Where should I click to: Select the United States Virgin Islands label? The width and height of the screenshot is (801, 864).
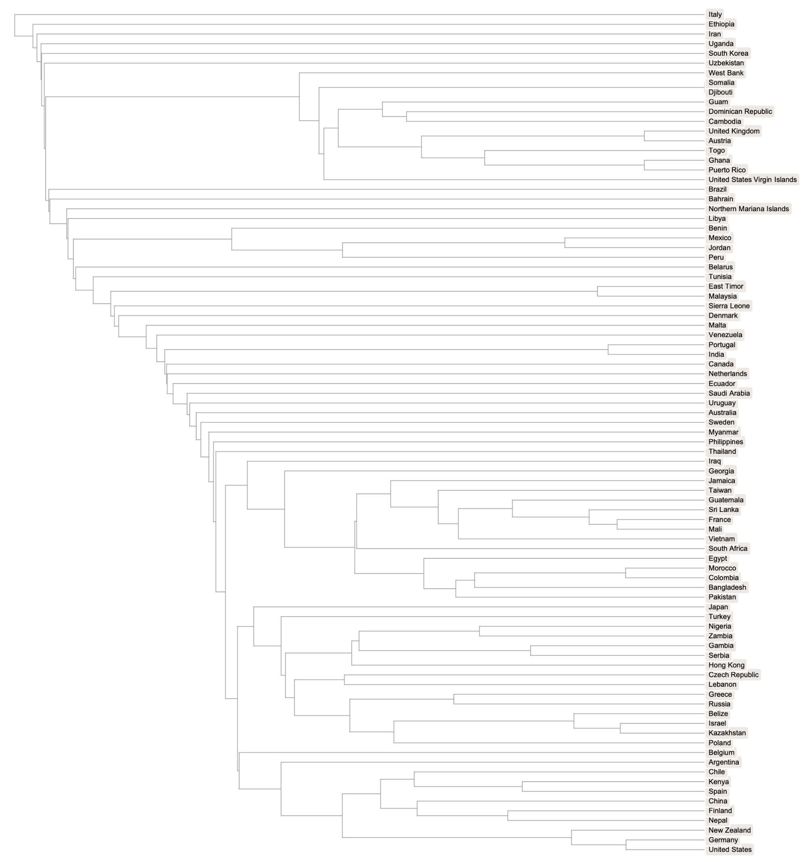752,180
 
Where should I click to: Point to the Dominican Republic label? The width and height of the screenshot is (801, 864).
740,111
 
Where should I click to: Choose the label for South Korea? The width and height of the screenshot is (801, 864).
728,53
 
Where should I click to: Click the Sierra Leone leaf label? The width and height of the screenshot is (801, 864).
729,306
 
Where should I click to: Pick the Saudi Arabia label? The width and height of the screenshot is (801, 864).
729,393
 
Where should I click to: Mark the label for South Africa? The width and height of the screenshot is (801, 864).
728,548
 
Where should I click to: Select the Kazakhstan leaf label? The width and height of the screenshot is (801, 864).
727,733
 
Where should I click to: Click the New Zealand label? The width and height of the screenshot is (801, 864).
729,830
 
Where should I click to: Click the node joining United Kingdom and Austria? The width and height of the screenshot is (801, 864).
644,136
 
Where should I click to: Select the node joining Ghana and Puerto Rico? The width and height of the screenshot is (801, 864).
644,165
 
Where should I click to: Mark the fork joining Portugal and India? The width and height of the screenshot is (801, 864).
608,349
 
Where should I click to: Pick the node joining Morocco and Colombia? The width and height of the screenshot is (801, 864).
625,573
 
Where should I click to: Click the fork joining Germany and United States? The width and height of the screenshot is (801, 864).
626,845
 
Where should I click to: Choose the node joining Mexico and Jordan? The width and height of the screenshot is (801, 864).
565,243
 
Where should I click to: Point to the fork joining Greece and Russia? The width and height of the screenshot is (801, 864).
454,699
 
